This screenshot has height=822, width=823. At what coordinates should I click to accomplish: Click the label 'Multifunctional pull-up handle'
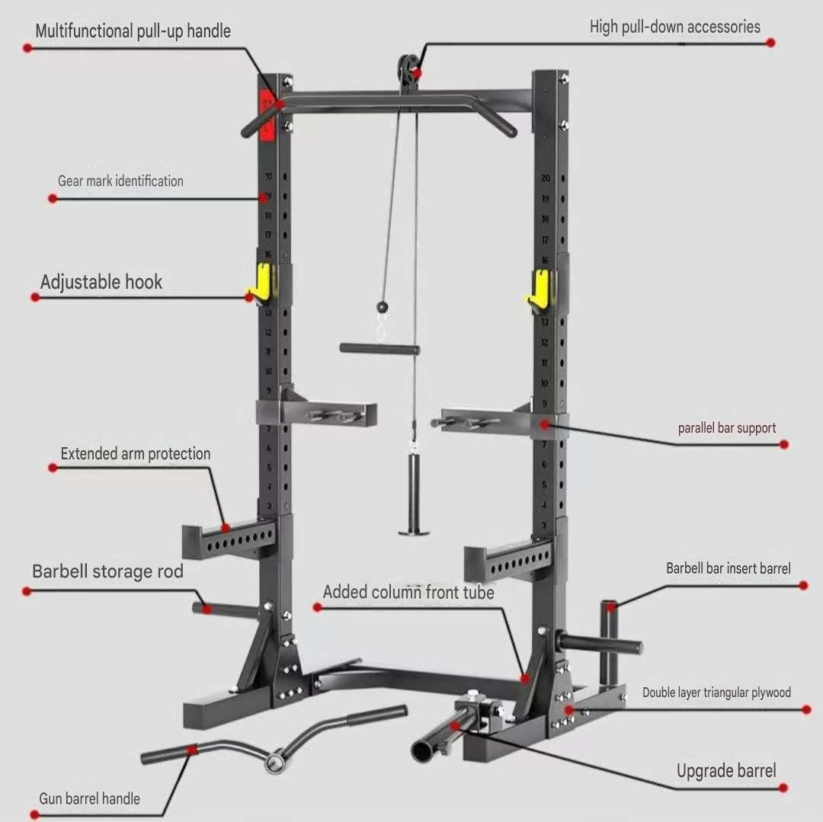pyautogui.click(x=133, y=31)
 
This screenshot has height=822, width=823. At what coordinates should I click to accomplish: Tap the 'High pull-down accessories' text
pyautogui.click(x=674, y=27)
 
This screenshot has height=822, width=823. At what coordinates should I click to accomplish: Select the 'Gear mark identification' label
pyautogui.click(x=120, y=181)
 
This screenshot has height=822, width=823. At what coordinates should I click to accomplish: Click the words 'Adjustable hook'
pyautogui.click(x=101, y=282)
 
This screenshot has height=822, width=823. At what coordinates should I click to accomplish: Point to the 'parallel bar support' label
pyautogui.click(x=727, y=428)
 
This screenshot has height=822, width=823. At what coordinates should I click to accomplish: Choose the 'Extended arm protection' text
pyautogui.click(x=136, y=454)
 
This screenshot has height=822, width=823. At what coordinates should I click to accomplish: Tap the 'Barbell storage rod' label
pyautogui.click(x=107, y=571)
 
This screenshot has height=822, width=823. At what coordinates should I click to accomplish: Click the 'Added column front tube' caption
pyautogui.click(x=408, y=592)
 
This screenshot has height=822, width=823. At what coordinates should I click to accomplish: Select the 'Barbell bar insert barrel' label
pyautogui.click(x=728, y=568)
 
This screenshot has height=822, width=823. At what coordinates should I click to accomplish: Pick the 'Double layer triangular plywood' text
pyautogui.click(x=716, y=692)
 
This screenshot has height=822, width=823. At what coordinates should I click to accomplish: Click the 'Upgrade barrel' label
pyautogui.click(x=726, y=770)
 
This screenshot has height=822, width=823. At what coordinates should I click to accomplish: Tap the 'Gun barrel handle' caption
pyautogui.click(x=90, y=798)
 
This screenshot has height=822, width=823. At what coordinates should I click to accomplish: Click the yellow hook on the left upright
pyautogui.click(x=261, y=282)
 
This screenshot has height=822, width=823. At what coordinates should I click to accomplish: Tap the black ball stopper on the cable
pyautogui.click(x=382, y=306)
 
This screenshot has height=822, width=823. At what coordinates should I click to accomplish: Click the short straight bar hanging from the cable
pyautogui.click(x=379, y=349)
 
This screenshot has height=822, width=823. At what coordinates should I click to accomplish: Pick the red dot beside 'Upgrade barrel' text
pyautogui.click(x=784, y=788)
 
